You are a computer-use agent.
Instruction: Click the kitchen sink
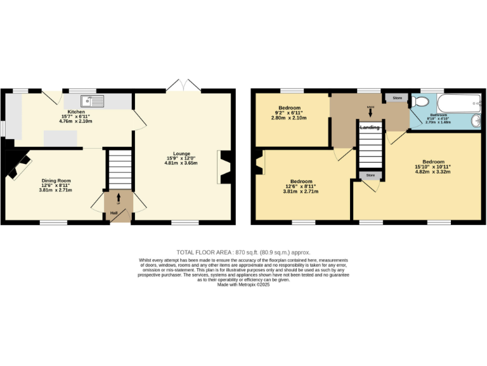pyautogui.click(x=92, y=100)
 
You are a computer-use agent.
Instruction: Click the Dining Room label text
pyautogui.click(x=56, y=180)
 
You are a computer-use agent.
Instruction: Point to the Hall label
pyautogui.click(x=114, y=213)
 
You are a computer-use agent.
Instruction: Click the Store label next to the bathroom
pyautogui.click(x=397, y=98)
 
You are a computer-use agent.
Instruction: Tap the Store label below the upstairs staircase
pyautogui.click(x=370, y=175)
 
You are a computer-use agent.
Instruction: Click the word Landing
pyautogui.click(x=370, y=128)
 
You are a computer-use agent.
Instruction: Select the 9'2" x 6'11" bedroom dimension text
pyautogui.click(x=289, y=113)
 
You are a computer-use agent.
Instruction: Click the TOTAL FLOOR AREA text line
pyautogui.click(x=243, y=252)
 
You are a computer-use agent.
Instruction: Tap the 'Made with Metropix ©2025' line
pyautogui.click(x=243, y=285)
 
